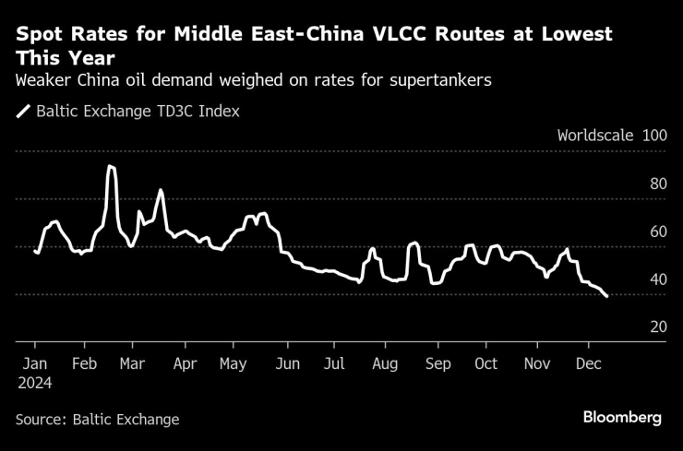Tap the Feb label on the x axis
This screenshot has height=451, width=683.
84,363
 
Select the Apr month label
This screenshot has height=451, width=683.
184,363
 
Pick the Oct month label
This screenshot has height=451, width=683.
485,363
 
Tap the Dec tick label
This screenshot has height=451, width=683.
589,363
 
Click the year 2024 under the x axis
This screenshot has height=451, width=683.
34,382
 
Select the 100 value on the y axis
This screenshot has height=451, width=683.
653,135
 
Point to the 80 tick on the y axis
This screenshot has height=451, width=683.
658,184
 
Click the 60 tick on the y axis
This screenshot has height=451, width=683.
658,231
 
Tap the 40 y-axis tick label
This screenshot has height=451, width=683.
658,279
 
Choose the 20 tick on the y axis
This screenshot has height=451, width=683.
658,326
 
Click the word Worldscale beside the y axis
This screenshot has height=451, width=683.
595,135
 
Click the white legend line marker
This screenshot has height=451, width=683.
23,113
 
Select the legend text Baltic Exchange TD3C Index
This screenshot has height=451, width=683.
138,113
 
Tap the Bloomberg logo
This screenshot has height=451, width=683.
622,418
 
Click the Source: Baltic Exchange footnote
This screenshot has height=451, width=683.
98,420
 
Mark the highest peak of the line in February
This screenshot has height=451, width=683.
111,167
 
